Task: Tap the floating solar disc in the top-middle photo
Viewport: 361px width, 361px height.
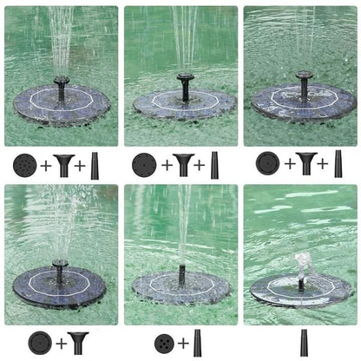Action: pos(184,104)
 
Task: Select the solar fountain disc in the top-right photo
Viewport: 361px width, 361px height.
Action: pos(303,102)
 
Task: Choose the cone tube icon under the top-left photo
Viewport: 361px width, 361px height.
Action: pos(95,165)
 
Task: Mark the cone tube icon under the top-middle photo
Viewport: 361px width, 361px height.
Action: pos(214,164)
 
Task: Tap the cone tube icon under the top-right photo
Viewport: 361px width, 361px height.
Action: pos(338,163)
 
